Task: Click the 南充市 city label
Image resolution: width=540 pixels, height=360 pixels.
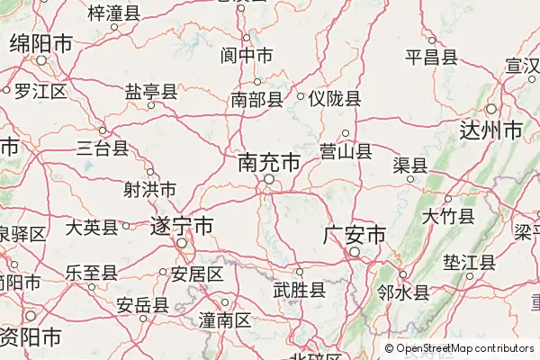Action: (269, 163)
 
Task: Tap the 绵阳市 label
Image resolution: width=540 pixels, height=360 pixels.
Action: (40, 43)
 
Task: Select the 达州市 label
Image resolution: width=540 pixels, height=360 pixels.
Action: (490, 130)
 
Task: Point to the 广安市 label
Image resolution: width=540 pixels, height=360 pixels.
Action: (355, 236)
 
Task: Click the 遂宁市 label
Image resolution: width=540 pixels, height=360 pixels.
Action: (182, 226)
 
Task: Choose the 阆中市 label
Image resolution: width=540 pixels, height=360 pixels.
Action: (247, 56)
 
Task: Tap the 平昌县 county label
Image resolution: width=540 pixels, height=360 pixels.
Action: (431, 58)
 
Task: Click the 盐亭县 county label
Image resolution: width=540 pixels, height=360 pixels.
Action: (150, 92)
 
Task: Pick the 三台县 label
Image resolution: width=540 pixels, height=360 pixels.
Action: (102, 148)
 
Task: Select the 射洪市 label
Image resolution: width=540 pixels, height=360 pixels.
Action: (149, 190)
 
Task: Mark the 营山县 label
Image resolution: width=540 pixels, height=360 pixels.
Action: (346, 151)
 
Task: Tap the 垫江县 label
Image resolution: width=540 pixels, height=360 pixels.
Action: (469, 263)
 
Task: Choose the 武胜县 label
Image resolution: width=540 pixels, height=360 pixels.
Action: (299, 290)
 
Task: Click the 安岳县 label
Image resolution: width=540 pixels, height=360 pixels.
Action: (142, 304)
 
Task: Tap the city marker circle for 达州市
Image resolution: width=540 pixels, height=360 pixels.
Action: (490, 110)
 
